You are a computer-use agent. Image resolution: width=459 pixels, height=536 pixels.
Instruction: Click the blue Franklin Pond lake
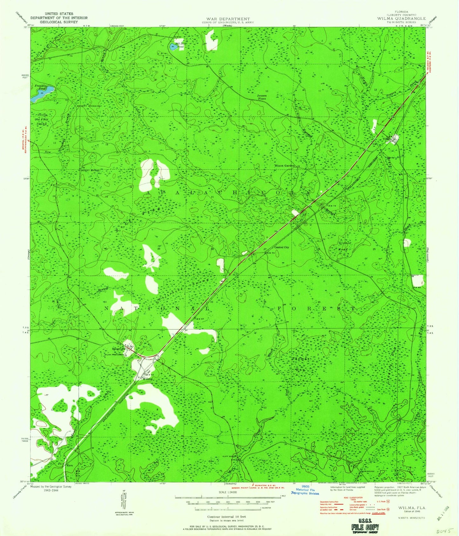(x=41, y=94)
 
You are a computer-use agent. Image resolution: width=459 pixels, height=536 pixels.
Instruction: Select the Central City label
(x=281, y=247)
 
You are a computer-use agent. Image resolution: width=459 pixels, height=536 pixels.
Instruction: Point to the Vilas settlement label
(x=386, y=139)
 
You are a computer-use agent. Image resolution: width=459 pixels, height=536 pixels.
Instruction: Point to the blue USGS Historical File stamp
(x=305, y=490)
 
